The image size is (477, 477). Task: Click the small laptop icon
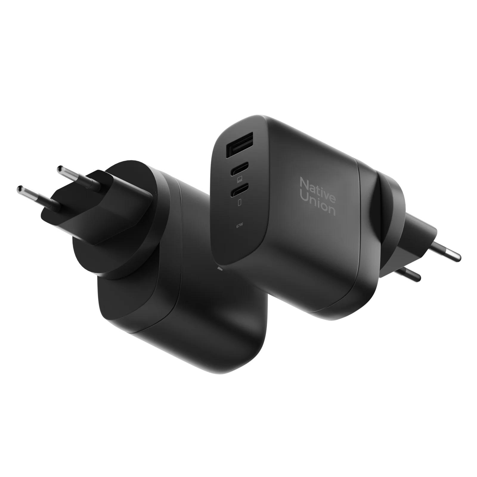[x=240, y=179]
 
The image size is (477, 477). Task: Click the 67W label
[x=240, y=226]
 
